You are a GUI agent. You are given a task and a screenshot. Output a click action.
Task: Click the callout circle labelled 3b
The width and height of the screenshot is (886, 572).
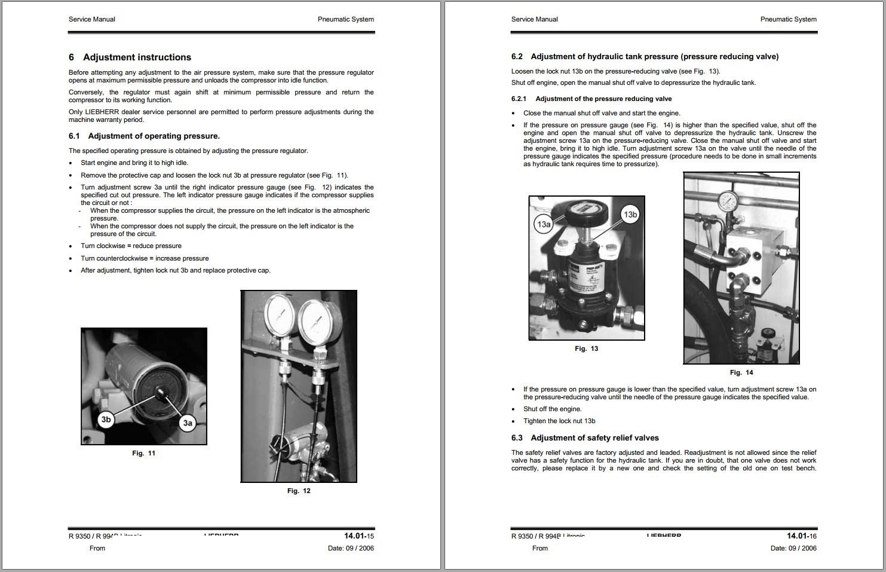point(106,420)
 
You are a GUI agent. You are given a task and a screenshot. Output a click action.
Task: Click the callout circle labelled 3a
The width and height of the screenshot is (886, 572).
point(188,423)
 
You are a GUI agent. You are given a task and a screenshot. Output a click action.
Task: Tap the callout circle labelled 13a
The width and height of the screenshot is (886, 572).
point(543,225)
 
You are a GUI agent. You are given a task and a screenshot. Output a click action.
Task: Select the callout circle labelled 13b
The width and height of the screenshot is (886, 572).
point(630,215)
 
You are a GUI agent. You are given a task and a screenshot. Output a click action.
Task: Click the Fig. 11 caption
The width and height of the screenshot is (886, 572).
point(143,454)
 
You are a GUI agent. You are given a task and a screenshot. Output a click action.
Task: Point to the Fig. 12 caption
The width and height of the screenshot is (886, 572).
point(299,491)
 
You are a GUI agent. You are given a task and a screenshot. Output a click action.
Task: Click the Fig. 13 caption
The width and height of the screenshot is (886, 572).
point(586,349)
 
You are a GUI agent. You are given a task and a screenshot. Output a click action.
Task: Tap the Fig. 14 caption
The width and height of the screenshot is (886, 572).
point(741,373)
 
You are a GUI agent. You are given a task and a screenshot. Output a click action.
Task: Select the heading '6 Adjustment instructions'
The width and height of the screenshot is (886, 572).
point(130,57)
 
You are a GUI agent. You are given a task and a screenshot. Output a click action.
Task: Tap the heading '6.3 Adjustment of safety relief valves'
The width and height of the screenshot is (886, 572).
point(585,438)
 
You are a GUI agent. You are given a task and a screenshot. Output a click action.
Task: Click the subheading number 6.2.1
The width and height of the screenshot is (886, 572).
point(519,99)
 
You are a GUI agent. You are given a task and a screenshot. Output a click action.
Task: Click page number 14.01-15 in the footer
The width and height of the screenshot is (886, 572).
point(358,536)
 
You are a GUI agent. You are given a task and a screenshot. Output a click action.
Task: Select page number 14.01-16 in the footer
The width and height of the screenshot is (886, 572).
point(801,536)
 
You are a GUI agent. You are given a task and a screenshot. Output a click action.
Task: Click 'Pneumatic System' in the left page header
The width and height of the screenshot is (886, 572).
point(345,19)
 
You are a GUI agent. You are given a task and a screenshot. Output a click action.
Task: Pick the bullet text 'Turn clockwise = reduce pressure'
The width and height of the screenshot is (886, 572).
point(131,246)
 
